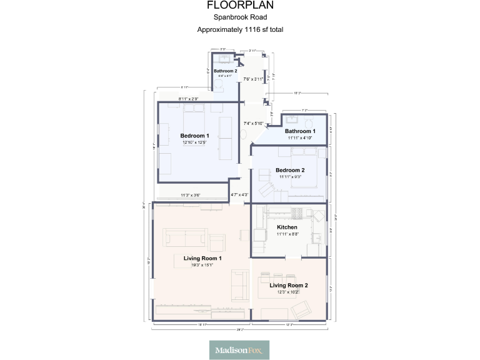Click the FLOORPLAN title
pyautogui.click(x=239, y=6)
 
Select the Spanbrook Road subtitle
pyautogui.click(x=239, y=17)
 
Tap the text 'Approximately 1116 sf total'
pyautogui.click(x=239, y=29)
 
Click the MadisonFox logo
pyautogui.click(x=239, y=350)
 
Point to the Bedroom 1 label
pyautogui.click(x=194, y=136)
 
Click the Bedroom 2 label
pyautogui.click(x=290, y=171)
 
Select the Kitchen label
pyautogui.click(x=287, y=227)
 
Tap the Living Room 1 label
pyautogui.click(x=202, y=258)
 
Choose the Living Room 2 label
pyautogui.click(x=289, y=285)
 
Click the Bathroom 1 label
pyautogui.click(x=300, y=131)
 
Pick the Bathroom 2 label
pyautogui.click(x=225, y=71)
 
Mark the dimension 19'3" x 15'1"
pyautogui.click(x=202, y=265)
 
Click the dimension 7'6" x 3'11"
pyautogui.click(x=254, y=79)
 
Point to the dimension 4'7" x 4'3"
pyautogui.click(x=239, y=195)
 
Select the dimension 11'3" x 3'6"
pyautogui.click(x=191, y=196)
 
